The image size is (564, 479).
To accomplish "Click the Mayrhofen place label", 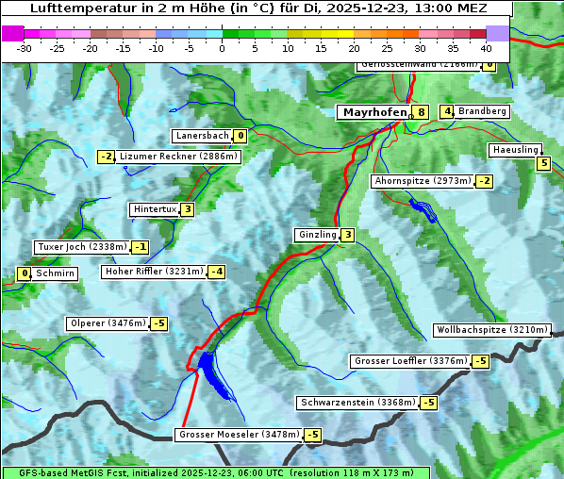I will (373, 112).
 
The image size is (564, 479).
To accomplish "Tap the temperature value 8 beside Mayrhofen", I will (421, 112).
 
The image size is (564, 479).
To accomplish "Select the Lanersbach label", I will (202, 136).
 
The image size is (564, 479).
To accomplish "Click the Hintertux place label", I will (155, 209).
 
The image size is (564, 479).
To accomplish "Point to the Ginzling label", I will (316, 235).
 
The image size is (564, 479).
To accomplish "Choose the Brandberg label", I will (482, 111).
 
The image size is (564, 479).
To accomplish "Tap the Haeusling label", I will (514, 150).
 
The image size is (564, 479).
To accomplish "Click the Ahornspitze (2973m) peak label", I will (423, 180).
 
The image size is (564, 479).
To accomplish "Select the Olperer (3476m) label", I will (108, 323).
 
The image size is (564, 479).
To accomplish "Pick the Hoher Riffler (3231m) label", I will (153, 272).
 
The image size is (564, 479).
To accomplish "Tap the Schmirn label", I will (56, 273).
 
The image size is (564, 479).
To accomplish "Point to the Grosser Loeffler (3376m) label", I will (410, 361).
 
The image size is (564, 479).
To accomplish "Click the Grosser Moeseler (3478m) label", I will (239, 435).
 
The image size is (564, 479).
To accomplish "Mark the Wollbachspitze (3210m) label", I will (490, 330).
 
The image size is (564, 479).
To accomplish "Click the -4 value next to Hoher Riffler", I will (217, 272).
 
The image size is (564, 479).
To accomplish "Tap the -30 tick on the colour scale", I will (25, 48).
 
